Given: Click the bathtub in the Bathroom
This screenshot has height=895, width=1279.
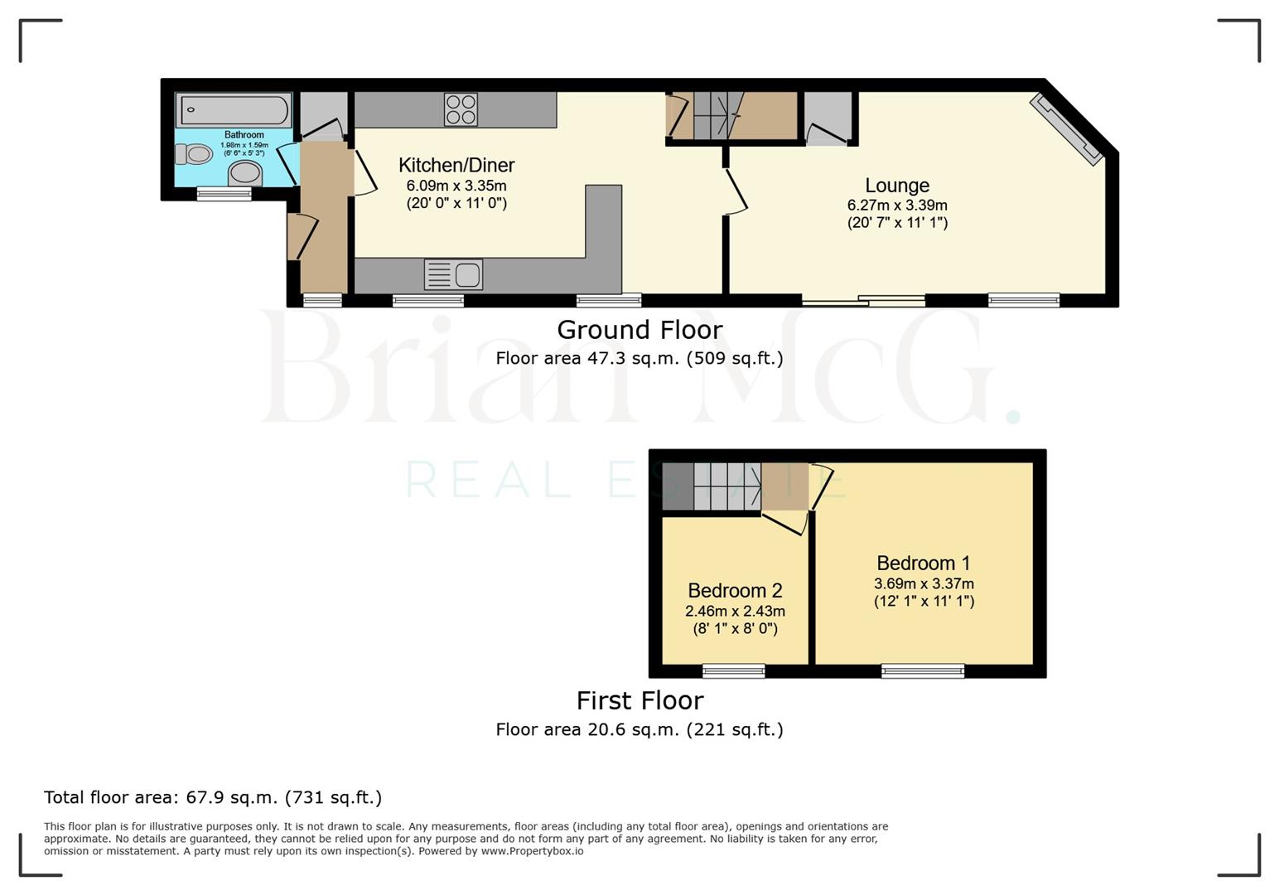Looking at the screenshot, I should tap(234, 110).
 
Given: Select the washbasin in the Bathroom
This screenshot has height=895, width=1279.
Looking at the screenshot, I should tap(245, 173).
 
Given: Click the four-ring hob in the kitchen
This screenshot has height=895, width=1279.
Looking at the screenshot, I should tap(461, 109).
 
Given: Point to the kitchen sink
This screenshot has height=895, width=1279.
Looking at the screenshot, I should tap(453, 274).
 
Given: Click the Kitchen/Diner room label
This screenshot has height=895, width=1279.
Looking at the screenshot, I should tap(456, 165).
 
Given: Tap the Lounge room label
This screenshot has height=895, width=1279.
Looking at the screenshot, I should tap(897, 186).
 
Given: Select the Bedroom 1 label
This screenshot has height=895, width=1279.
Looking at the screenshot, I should tap(923, 564).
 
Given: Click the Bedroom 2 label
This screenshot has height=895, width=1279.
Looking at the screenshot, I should tap(735, 591).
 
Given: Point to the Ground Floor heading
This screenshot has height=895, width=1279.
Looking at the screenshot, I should tap(639, 330).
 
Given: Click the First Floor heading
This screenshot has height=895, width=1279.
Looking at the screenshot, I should tap(639, 701).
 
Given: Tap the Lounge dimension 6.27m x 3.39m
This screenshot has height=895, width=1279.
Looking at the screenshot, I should tap(897, 206).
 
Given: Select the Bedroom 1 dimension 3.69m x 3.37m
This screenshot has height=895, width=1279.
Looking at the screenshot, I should tap(924, 584).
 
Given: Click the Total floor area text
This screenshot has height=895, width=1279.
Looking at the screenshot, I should tap(213, 797).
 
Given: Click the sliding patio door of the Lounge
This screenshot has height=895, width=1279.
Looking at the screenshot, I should tap(863, 300).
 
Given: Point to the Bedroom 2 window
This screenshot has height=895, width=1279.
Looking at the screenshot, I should tap(734, 670).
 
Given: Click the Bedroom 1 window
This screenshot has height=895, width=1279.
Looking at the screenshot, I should tap(923, 670).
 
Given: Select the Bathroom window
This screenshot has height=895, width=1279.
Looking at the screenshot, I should tap(224, 194).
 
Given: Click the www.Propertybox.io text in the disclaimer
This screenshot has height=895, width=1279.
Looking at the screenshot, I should tap(532, 851).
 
